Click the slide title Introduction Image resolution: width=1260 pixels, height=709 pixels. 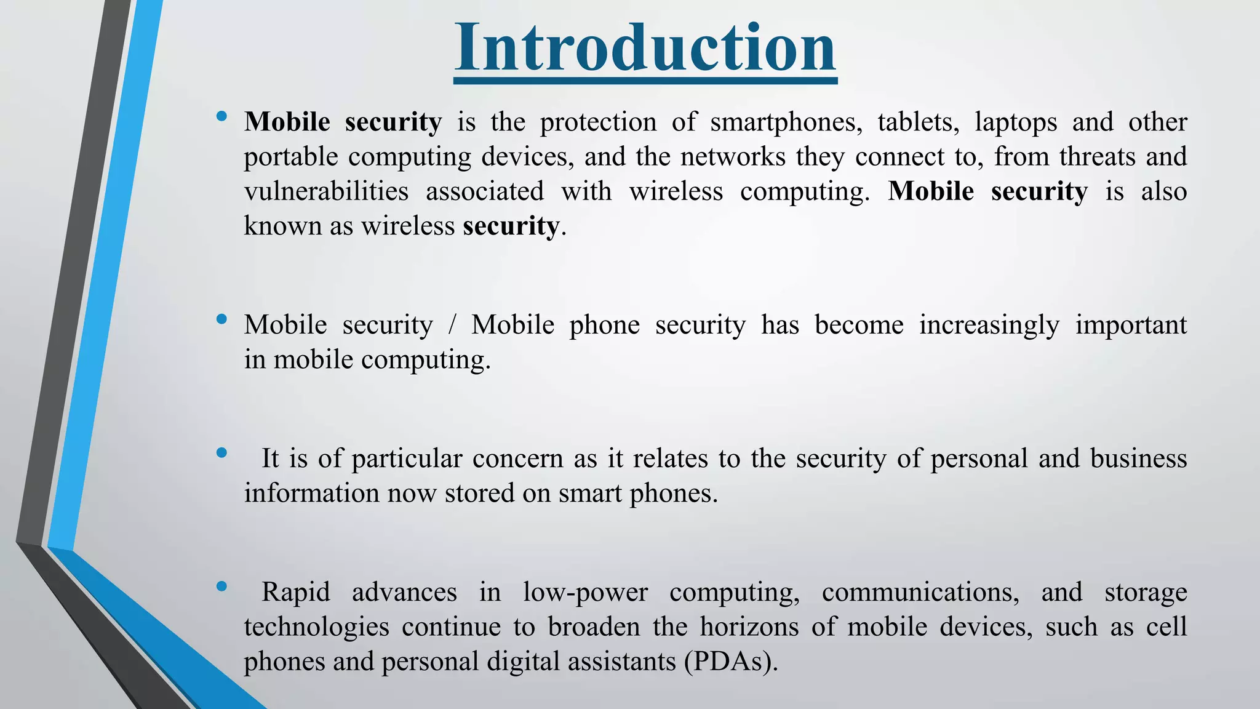[x=645, y=48]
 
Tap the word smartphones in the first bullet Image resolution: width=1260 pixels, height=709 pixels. [x=786, y=122]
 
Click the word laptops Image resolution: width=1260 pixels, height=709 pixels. [x=1015, y=122]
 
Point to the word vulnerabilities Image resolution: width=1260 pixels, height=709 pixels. [x=326, y=191]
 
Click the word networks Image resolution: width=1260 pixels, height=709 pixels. [x=733, y=157]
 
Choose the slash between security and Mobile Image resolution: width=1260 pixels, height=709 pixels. [x=452, y=325]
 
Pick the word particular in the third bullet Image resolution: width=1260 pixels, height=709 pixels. [x=407, y=459]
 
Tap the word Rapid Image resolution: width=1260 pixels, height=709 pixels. [x=296, y=593]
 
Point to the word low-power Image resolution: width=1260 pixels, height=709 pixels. [x=585, y=593]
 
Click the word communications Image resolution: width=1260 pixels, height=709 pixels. [x=920, y=593]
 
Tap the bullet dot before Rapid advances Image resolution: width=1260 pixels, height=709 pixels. [x=221, y=587]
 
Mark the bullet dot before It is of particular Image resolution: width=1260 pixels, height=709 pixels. [x=221, y=453]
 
